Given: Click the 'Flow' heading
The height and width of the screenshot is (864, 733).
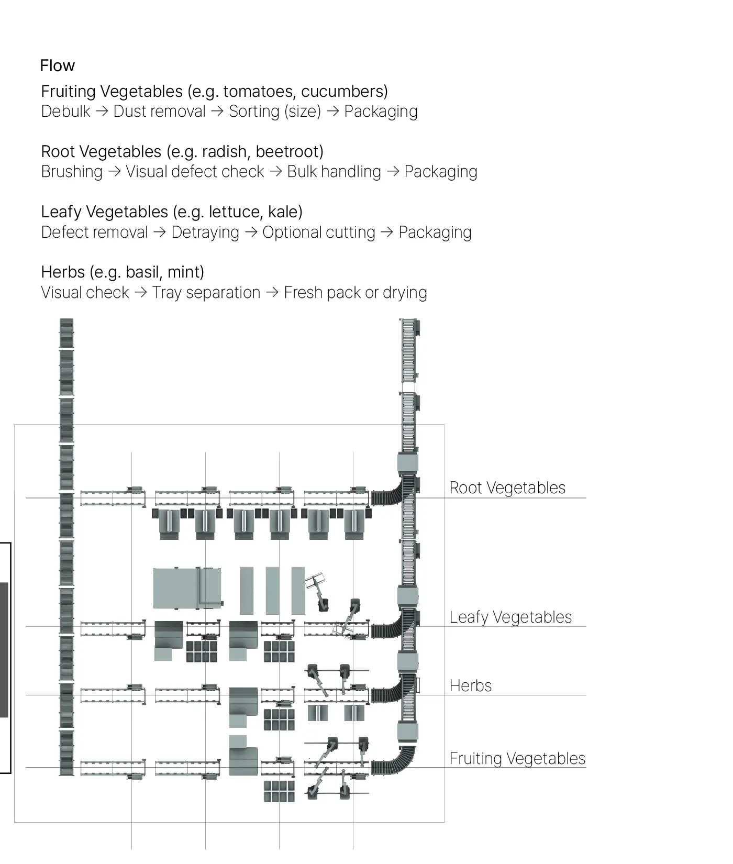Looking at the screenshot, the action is coord(57,66).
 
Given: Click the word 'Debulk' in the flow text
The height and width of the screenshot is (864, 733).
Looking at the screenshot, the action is coord(65,112).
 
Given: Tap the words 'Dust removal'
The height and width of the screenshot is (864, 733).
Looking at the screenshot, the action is coord(160,112).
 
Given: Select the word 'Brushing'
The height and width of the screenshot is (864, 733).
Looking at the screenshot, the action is coord(72,172).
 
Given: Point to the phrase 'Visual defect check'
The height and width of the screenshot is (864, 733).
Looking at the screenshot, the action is coord(195,172).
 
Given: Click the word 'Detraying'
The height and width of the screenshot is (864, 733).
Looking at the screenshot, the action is coord(205,232).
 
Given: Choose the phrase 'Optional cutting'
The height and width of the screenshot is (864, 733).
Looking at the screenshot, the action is coord(319,232).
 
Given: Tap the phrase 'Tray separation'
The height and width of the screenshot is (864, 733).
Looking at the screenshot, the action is coord(206,293).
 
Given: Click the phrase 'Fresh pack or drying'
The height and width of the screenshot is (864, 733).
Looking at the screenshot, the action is coord(356,293).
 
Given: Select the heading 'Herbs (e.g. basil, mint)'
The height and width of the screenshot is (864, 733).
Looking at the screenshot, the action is coord(123,272).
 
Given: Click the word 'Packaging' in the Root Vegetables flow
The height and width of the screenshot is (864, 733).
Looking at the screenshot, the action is coord(441,172).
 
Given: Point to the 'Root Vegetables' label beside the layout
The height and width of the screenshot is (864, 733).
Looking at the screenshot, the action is coord(507,488).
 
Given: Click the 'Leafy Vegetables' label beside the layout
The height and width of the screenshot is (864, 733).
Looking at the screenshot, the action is coord(510,617).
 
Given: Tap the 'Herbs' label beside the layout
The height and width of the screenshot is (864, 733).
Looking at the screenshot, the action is coord(471,686).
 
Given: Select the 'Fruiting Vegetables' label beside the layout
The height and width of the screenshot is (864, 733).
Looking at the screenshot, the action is coord(517,759).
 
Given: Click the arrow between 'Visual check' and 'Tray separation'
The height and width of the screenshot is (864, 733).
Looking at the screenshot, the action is coord(141,293).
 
